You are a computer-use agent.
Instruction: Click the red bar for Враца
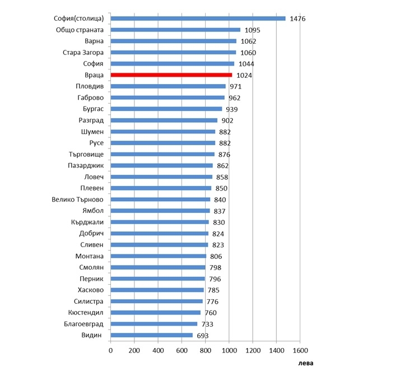click(171, 75)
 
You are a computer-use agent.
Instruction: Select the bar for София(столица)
click(198, 18)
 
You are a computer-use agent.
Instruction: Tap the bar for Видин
click(151, 335)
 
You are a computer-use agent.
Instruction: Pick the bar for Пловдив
click(168, 86)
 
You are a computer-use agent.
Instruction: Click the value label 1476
click(297, 18)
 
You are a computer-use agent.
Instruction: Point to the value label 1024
click(243, 75)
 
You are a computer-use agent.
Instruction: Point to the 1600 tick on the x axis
click(299, 350)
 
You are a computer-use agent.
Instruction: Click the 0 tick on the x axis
click(110, 350)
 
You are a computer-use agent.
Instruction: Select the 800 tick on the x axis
click(205, 350)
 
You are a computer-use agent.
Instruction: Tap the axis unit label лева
click(305, 363)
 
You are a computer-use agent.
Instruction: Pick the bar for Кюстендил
click(155, 313)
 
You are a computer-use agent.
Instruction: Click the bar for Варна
click(174, 41)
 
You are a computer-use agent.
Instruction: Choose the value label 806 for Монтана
click(215, 256)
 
